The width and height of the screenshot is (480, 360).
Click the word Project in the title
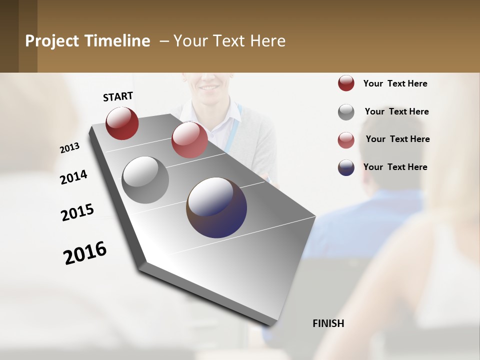click(x=52, y=41)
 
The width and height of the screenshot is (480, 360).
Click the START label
click(x=118, y=96)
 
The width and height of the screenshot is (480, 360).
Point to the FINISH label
click(x=328, y=323)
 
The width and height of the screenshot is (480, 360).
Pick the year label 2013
click(x=69, y=148)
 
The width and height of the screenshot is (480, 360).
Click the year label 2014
click(x=73, y=177)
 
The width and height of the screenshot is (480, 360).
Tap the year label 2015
click(x=77, y=212)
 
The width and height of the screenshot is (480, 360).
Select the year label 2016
click(x=85, y=253)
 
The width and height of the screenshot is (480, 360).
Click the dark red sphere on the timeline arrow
click(x=122, y=123)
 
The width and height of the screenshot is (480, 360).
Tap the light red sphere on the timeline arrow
click(x=189, y=140)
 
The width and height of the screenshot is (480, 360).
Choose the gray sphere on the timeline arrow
click(x=145, y=180)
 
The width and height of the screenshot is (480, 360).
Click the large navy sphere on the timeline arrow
click(x=216, y=207)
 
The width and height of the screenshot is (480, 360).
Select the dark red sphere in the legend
click(x=346, y=83)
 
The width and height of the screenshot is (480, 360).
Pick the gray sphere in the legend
click(x=346, y=112)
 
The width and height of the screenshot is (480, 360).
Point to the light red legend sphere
click(x=346, y=140)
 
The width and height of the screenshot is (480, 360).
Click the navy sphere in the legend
click(x=346, y=167)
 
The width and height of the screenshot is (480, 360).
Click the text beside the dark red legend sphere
click(x=395, y=83)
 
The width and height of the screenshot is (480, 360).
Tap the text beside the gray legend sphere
click(x=396, y=111)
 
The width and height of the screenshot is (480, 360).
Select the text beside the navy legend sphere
click(x=395, y=167)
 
